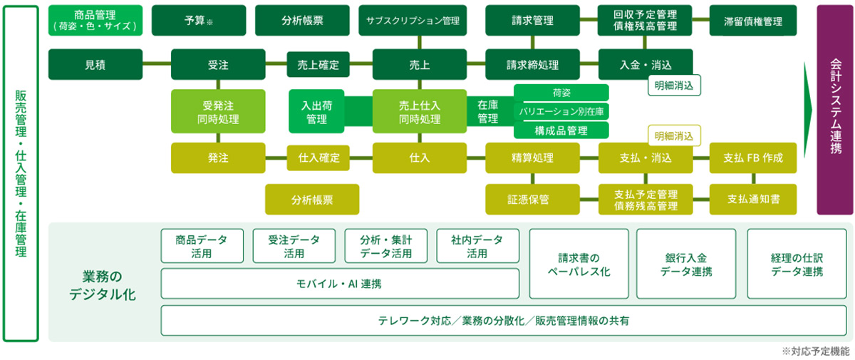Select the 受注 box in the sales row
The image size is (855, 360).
tap(218, 65)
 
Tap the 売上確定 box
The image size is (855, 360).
tap(318, 65)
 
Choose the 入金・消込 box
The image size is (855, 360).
tap(646, 65)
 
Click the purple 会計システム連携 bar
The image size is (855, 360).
tap(835, 109)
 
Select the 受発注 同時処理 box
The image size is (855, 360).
tap(218, 111)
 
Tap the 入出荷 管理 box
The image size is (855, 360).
tap(317, 111)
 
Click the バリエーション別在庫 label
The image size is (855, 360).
tap(561, 112)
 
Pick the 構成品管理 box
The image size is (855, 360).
tap(561, 130)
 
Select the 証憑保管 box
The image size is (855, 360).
tap(533, 200)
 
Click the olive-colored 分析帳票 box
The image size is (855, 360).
tap(312, 200)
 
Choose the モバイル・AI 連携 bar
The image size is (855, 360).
tap(339, 284)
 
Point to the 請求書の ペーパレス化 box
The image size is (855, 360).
tap(579, 264)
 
